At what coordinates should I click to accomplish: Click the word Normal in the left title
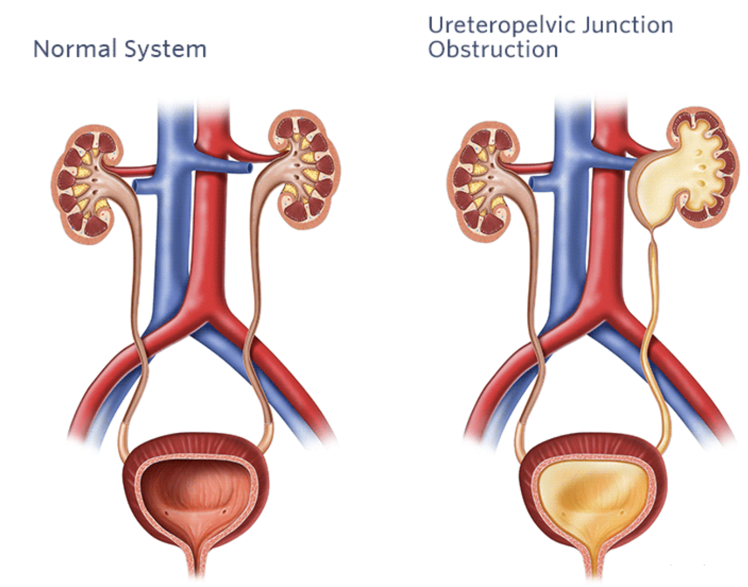(x=75, y=49)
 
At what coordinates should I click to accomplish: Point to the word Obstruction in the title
(x=493, y=49)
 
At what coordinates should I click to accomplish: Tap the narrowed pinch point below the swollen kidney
(x=652, y=235)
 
